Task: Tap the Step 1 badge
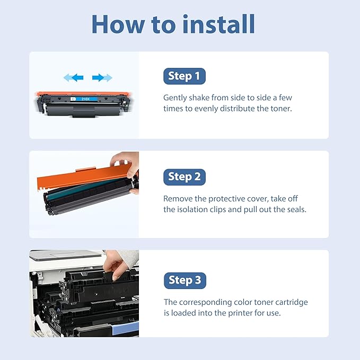click(184, 76)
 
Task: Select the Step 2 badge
click(184, 177)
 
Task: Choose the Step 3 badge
click(185, 280)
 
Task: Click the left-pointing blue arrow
click(74, 78)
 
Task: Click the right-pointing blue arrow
click(102, 78)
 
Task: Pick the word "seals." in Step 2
click(294, 209)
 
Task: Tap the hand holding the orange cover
click(127, 164)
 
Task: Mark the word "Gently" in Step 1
click(175, 98)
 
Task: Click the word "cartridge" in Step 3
click(291, 302)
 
